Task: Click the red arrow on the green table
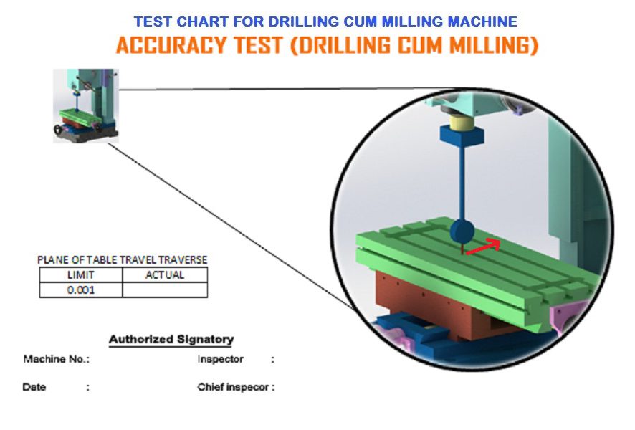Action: (484, 247)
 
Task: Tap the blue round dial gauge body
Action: (462, 231)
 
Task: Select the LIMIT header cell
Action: (81, 275)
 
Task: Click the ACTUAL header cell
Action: (165, 275)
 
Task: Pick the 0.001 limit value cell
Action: (81, 290)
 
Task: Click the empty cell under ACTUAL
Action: (165, 290)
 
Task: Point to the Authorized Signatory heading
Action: (171, 339)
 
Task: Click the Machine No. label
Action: (57, 359)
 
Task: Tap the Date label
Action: (34, 387)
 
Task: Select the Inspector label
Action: (220, 359)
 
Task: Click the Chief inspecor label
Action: (236, 387)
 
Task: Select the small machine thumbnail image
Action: (86, 105)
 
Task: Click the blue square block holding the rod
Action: (462, 135)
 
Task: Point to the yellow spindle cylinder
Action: (462, 120)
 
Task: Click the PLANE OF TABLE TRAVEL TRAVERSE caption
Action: (123, 259)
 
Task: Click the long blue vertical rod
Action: (462, 183)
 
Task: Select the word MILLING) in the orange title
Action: (494, 45)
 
